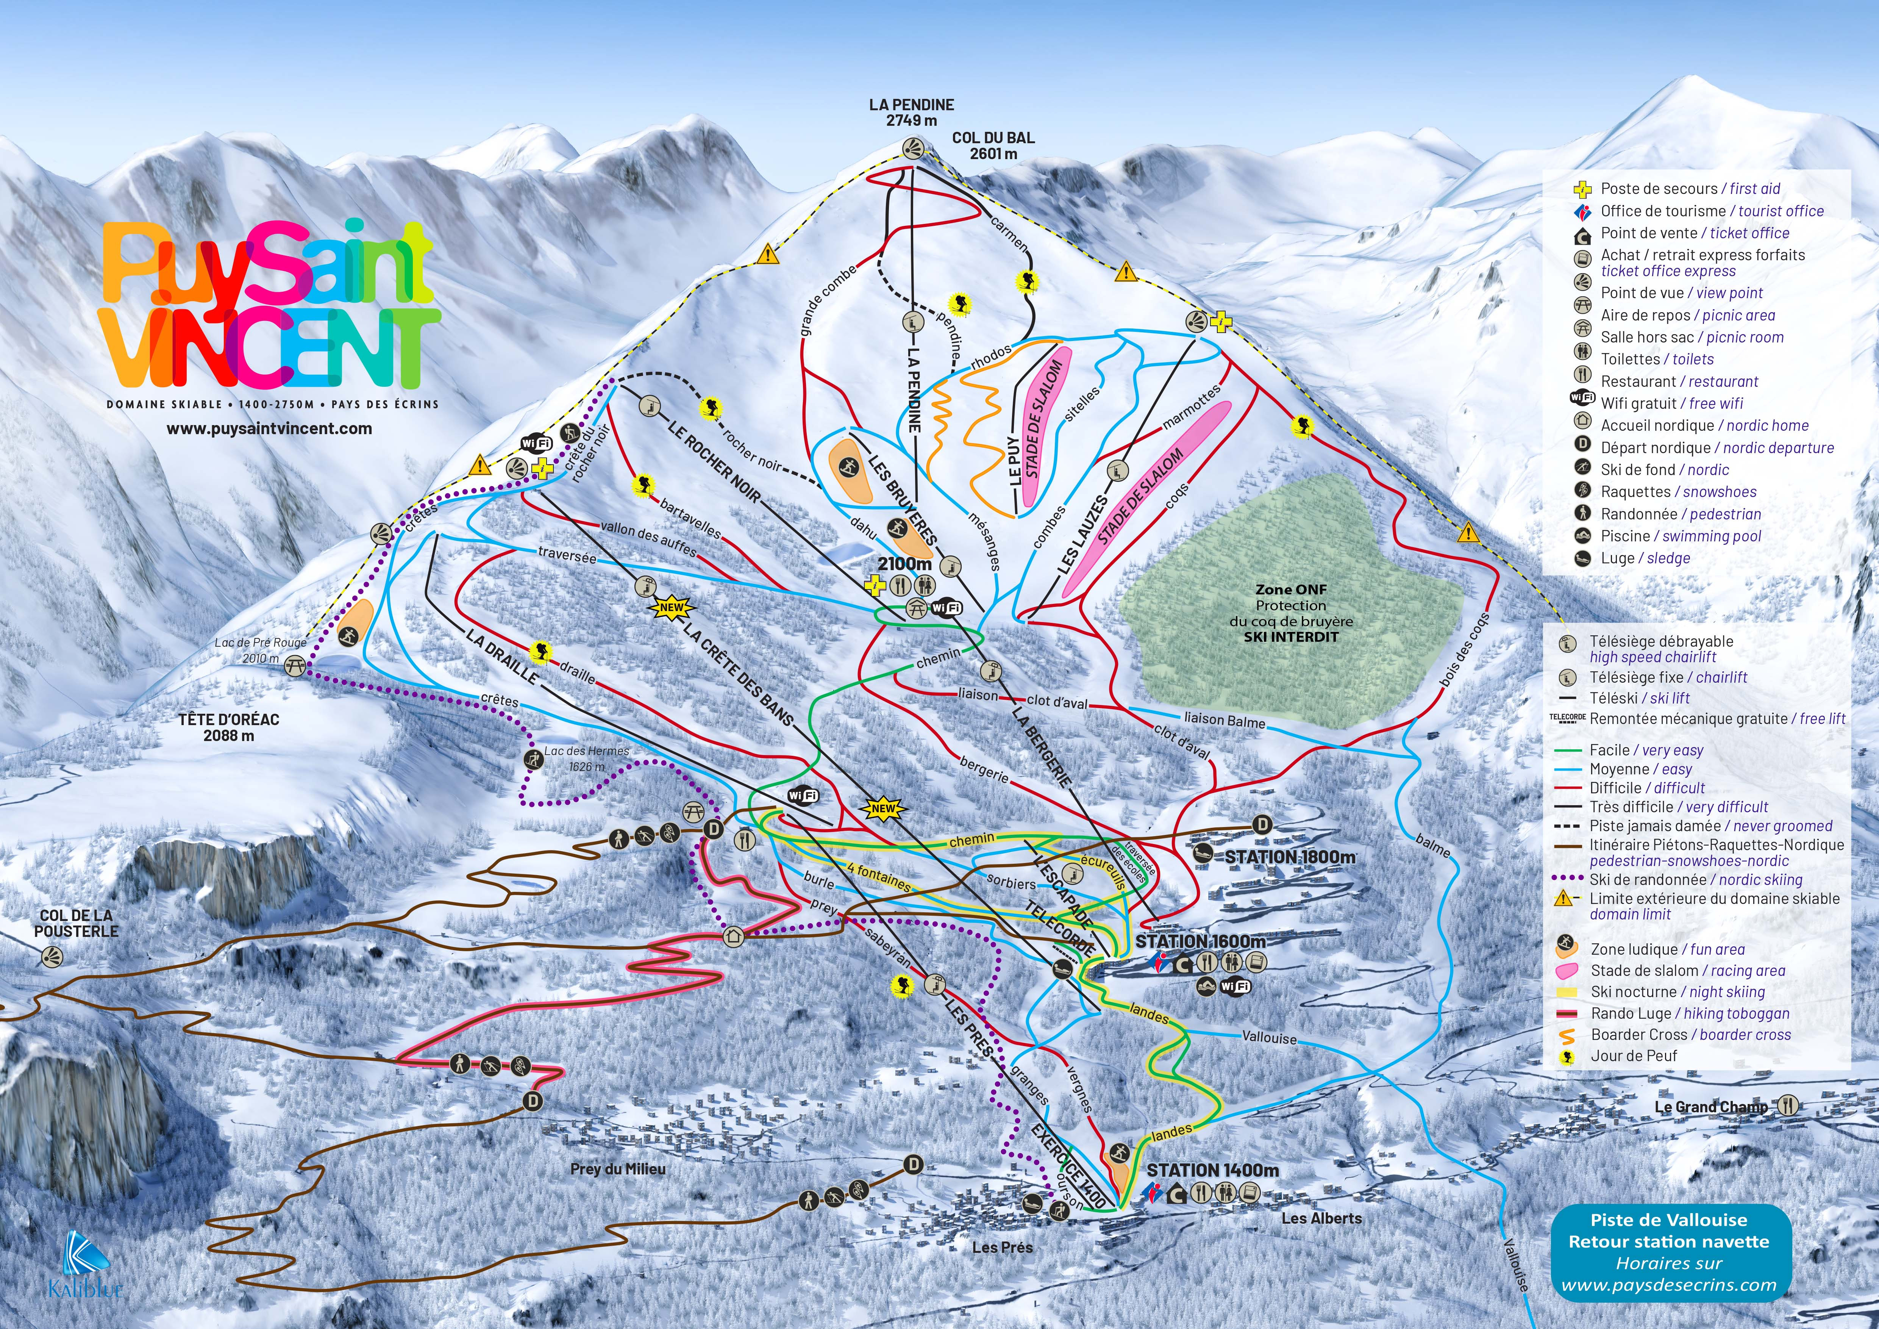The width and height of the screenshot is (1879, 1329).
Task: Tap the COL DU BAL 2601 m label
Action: pos(993,145)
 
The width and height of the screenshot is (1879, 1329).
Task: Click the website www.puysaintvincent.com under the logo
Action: pos(269,428)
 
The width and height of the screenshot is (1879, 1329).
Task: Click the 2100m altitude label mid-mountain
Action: pos(904,564)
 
